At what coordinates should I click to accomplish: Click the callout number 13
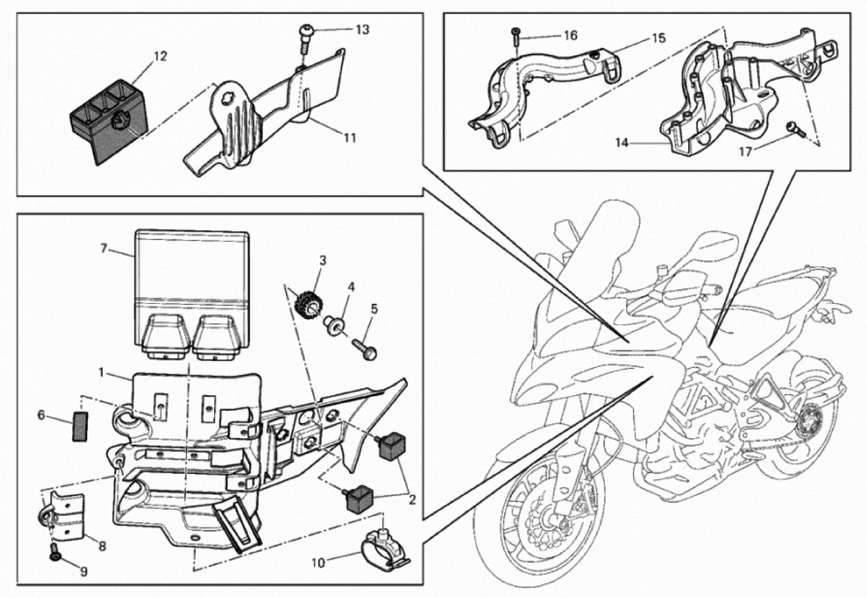coord(362,30)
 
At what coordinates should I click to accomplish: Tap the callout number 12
coord(160,56)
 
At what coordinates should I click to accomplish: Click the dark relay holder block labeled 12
coord(109,120)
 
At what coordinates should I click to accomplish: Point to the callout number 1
coord(101,372)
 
